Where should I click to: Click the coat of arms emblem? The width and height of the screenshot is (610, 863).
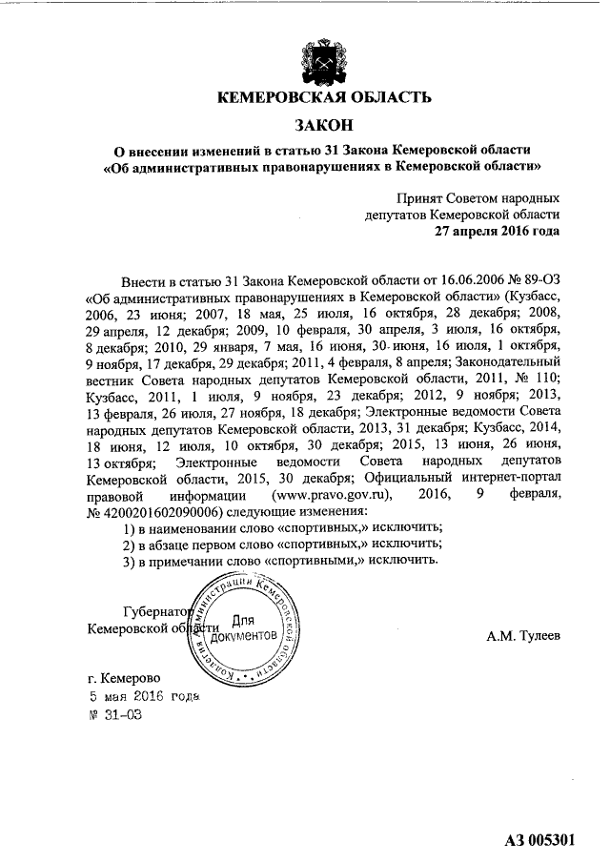[x=325, y=58]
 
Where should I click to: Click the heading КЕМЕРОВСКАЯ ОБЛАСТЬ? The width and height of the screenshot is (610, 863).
[x=324, y=97]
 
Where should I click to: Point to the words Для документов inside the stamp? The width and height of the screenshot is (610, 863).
[x=250, y=628]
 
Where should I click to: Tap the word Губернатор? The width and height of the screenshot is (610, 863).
[x=157, y=611]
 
